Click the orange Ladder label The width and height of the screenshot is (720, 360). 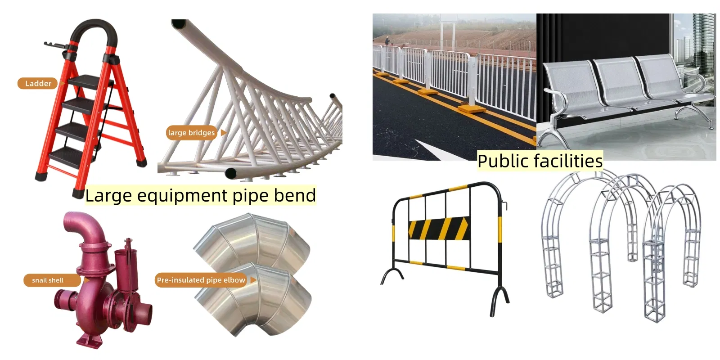(38, 83)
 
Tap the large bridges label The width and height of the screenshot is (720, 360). (191, 132)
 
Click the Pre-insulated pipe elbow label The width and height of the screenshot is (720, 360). (201, 280)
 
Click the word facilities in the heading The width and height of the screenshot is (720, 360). (568, 161)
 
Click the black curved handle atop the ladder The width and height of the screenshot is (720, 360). (94, 31)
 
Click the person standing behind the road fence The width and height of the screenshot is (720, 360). (387, 41)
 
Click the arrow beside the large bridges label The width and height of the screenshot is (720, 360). (223, 132)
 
